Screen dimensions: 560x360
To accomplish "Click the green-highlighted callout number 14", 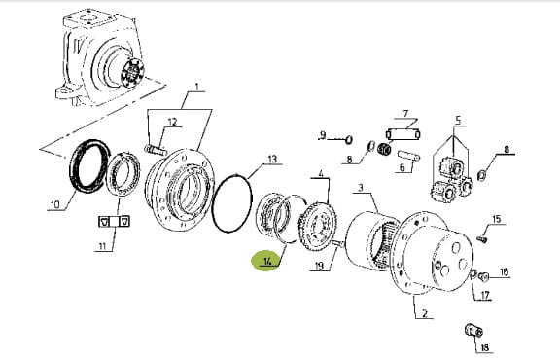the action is tap(267, 261).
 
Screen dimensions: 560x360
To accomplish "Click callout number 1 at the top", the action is tap(196, 87).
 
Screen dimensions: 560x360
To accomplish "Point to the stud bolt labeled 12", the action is tap(156, 150).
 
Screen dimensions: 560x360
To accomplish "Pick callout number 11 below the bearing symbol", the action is tap(103, 246).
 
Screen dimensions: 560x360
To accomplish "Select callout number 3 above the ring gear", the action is tap(361, 188).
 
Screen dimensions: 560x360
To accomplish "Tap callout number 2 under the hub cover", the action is tap(424, 313).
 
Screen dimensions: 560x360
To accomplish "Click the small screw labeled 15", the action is tap(482, 239).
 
